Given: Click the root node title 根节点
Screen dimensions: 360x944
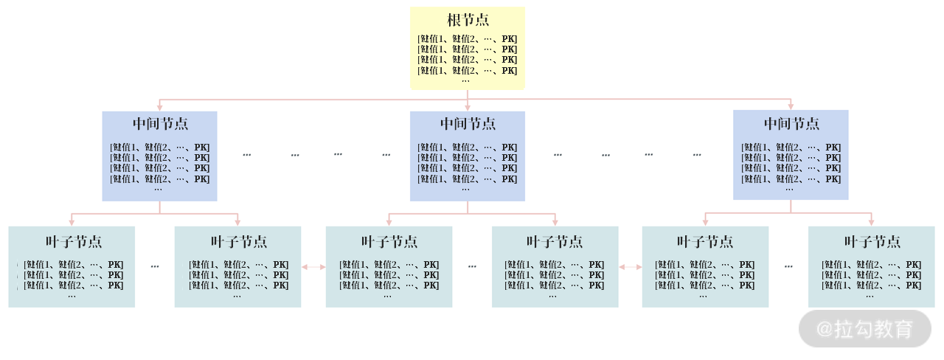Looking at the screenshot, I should [x=468, y=20].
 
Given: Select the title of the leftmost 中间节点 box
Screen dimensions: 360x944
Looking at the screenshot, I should [x=160, y=123].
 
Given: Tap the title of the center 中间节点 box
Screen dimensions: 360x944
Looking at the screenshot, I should [x=468, y=123].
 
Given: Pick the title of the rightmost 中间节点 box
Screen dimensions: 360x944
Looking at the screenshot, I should [x=791, y=123].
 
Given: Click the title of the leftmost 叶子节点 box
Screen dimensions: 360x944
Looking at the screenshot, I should [x=72, y=242].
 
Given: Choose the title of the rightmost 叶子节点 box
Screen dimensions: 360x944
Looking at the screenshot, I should [x=872, y=242].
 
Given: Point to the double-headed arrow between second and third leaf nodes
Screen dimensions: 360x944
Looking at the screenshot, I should [x=313, y=267].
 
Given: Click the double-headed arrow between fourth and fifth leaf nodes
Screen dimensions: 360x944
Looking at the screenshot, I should [x=630, y=267].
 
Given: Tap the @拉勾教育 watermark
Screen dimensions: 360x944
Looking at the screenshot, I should [x=865, y=329].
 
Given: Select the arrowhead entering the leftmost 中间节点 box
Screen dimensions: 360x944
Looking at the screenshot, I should [x=160, y=108].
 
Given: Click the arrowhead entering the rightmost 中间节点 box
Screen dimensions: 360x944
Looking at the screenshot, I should [x=791, y=107].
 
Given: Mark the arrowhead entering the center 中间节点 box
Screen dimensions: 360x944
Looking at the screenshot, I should [x=468, y=108].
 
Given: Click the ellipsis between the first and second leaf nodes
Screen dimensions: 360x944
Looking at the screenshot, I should [x=155, y=266].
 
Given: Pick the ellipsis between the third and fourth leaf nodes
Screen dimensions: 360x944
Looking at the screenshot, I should [x=472, y=266].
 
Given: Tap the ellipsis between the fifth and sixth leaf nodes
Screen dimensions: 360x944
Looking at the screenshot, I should [x=788, y=266].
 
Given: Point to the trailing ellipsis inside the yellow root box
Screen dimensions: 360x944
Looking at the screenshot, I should [x=465, y=80].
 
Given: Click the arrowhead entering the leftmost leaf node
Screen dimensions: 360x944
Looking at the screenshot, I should [x=72, y=222].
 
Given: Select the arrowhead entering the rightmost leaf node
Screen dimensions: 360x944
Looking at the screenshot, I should [x=872, y=222].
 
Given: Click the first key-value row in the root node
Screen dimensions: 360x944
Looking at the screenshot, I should [x=468, y=39].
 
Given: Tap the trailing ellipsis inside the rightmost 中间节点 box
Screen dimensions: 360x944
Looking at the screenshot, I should [x=789, y=189].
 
